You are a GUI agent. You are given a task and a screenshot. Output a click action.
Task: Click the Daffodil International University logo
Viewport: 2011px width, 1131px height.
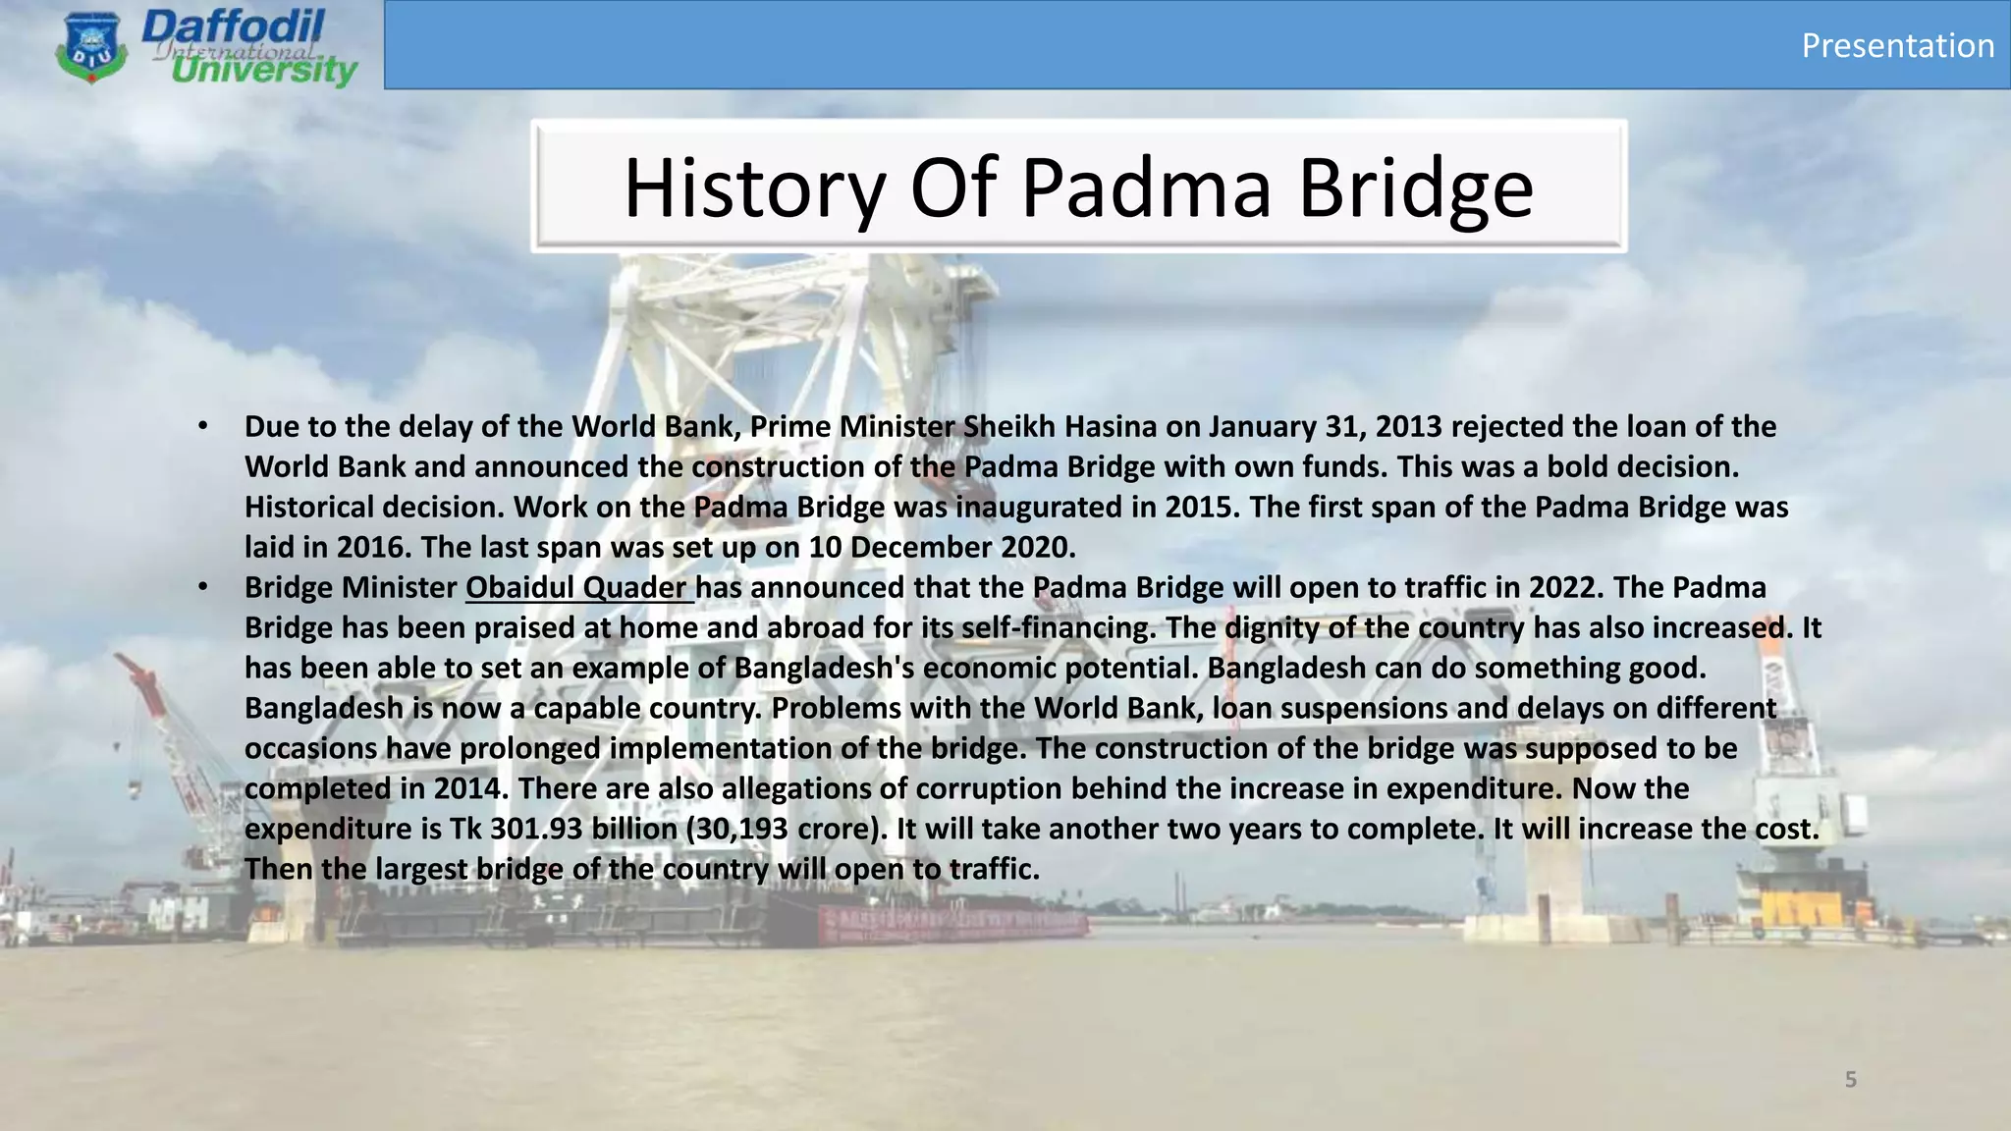point(206,47)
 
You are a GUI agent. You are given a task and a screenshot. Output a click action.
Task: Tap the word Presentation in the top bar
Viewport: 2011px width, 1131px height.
point(1897,45)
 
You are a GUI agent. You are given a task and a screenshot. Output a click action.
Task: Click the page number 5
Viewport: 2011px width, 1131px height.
point(1850,1080)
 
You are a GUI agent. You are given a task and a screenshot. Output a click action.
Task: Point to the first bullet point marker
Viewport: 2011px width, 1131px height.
point(202,426)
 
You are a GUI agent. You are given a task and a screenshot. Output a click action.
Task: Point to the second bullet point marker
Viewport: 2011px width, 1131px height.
point(202,587)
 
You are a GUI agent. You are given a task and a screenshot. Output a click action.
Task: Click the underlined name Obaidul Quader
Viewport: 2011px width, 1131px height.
point(577,587)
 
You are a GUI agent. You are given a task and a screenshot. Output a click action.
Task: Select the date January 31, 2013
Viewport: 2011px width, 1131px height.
point(1325,426)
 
